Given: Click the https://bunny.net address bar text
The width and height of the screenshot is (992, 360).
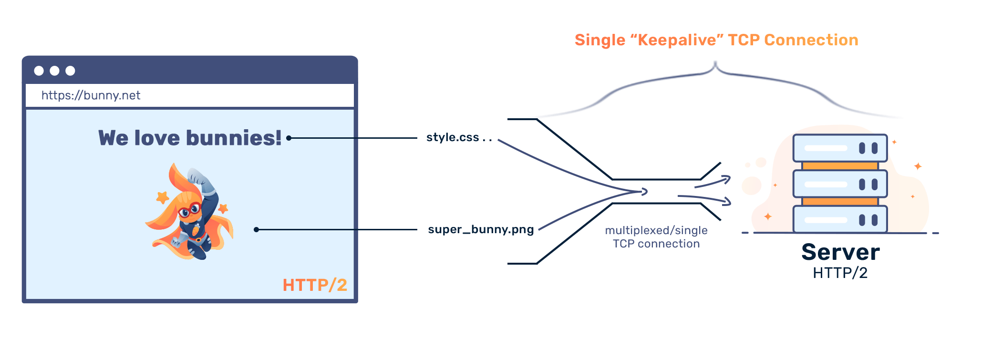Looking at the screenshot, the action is [91, 95].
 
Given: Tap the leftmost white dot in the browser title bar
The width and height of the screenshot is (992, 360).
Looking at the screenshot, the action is [39, 71].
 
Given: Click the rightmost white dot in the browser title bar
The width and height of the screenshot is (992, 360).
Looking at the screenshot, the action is [70, 71].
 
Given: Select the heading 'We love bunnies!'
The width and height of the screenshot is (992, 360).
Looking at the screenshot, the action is [190, 138].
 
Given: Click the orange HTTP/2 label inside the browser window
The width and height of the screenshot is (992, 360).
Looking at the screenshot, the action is [315, 285].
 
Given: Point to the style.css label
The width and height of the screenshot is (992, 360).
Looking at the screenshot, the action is [453, 137].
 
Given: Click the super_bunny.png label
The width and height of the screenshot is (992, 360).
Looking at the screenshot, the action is [481, 229].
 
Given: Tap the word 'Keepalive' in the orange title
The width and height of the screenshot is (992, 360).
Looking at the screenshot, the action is [677, 40].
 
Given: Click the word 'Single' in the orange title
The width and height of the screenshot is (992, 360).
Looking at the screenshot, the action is [599, 40].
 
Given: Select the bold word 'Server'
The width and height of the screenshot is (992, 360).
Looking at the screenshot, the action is [840, 252].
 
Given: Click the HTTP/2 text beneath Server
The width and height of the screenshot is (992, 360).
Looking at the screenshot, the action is [840, 273].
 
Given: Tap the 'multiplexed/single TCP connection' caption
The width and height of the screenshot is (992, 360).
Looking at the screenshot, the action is [656, 237].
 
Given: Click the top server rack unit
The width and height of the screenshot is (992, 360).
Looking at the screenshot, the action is [840, 148].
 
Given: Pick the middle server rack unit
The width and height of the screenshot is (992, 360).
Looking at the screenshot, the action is [840, 184].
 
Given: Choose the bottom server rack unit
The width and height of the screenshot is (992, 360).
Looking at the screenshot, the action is [840, 219].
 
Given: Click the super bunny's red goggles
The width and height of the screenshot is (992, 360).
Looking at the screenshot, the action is [190, 209].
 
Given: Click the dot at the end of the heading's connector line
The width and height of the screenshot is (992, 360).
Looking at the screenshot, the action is [289, 138].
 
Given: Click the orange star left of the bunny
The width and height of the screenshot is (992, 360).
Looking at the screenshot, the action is [163, 196].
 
